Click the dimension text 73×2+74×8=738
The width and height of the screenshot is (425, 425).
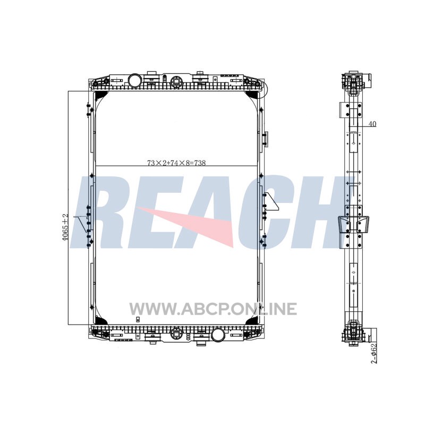[x=176, y=163]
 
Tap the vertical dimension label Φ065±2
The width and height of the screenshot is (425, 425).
[x=64, y=227]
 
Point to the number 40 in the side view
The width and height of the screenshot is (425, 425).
[x=372, y=124]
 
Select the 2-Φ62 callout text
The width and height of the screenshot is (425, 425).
[x=374, y=353]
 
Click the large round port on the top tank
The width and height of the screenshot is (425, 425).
[x=134, y=81]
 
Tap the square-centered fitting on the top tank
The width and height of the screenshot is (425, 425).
[x=176, y=81]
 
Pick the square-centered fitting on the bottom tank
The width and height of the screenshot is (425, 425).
[x=176, y=334]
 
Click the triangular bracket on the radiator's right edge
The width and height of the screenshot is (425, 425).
[x=271, y=202]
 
